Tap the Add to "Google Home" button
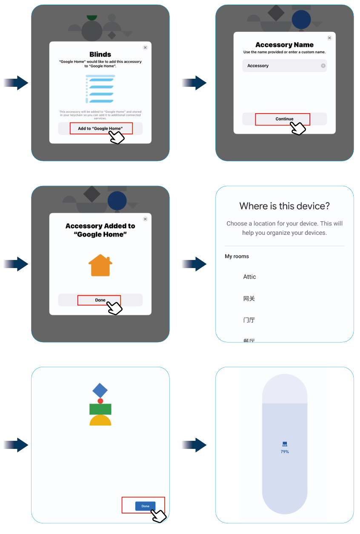[100, 129]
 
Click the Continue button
[284, 119]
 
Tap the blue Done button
[145, 506]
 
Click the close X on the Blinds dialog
[145, 48]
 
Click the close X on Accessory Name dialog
[329, 38]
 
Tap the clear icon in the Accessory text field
[323, 66]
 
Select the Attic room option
[250, 277]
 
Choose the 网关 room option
[249, 299]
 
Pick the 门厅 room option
[249, 320]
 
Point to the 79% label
[285, 452]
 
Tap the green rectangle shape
[100, 409]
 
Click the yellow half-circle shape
[100, 421]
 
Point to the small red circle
[100, 401]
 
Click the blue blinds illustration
[100, 89]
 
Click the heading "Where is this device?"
[285, 206]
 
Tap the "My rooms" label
[237, 257]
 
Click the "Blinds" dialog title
[100, 54]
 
